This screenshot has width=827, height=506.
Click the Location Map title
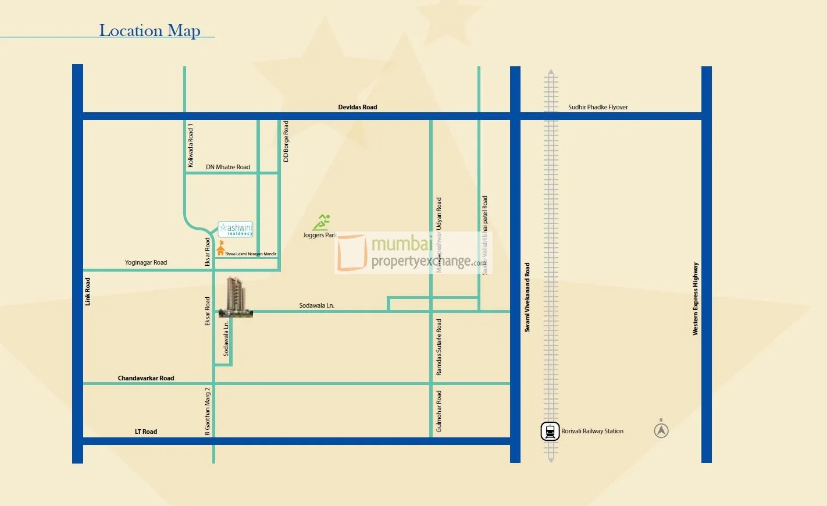[149, 30]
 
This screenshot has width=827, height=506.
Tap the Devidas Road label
[357, 107]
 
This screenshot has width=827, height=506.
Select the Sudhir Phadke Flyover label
[597, 107]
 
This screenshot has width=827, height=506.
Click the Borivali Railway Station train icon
[550, 432]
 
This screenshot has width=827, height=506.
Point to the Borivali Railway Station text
[592, 432]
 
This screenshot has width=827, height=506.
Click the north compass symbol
[661, 430]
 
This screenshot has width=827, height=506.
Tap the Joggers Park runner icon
[322, 222]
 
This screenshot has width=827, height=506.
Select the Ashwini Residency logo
[236, 229]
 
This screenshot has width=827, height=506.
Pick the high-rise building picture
[236, 297]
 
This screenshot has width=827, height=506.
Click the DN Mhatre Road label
[228, 167]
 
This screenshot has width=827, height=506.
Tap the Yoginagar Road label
[146, 262]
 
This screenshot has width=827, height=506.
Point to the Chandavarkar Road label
[146, 378]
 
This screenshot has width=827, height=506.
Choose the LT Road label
[146, 432]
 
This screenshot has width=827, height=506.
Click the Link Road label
[88, 291]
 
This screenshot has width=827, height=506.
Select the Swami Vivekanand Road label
[527, 297]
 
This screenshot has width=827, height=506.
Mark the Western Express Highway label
[695, 298]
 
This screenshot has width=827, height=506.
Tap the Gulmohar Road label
[439, 411]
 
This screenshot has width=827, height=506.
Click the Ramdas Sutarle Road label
[439, 347]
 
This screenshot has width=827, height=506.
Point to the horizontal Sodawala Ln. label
[317, 305]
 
